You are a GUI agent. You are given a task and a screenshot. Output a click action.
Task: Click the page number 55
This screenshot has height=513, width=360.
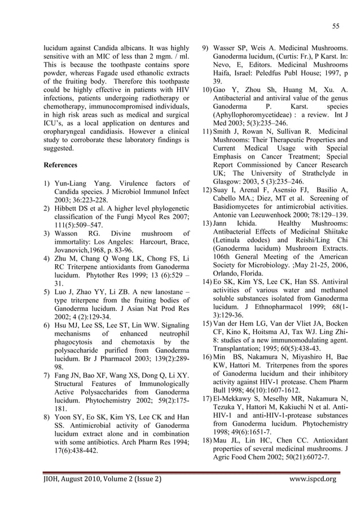click(335, 25)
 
